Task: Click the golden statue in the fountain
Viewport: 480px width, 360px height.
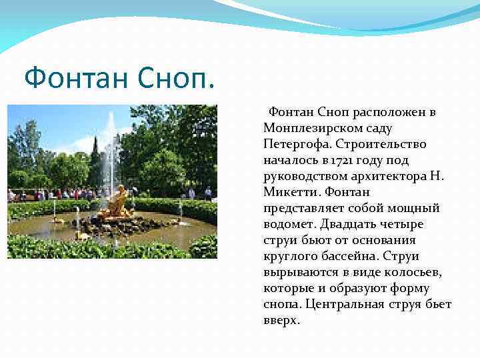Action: click(x=118, y=202)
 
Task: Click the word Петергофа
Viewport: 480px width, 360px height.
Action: click(x=297, y=144)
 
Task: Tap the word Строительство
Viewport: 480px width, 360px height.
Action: click(x=381, y=144)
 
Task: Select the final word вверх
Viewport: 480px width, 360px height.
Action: click(x=281, y=320)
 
